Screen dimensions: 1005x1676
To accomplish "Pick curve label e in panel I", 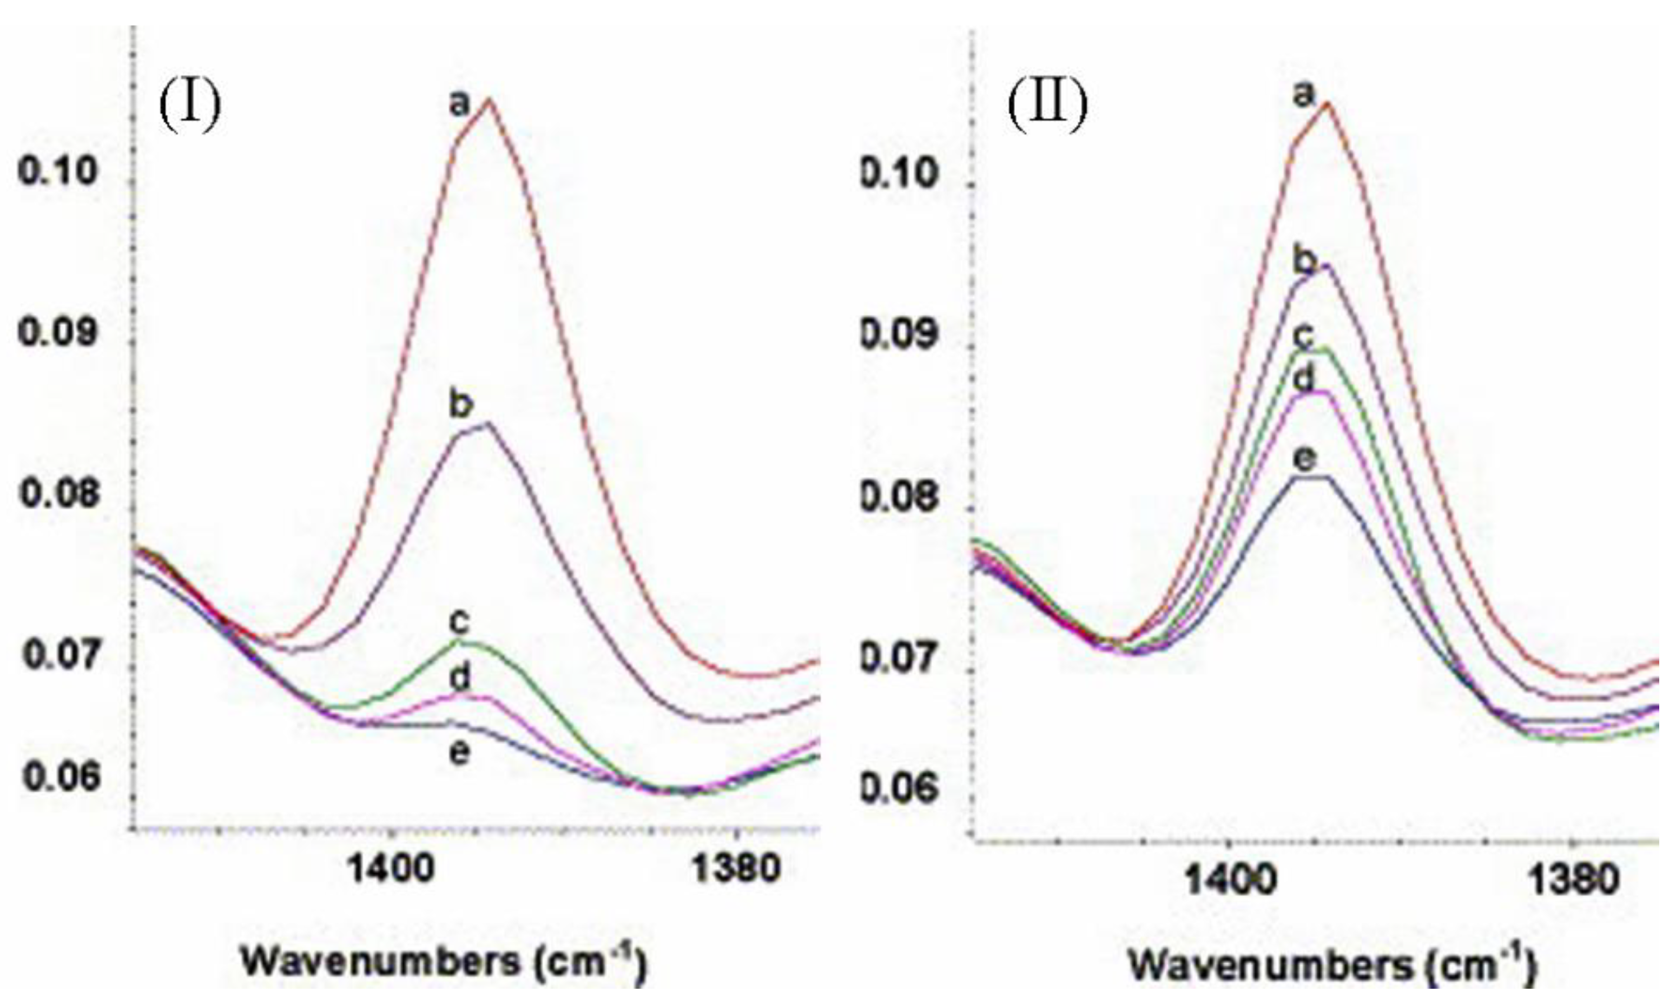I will pos(460,752).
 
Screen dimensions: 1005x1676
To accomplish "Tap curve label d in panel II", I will pos(1303,379).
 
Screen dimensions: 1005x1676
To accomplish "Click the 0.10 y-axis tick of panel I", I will pos(57,172).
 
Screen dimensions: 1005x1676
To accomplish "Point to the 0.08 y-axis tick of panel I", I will pos(58,493).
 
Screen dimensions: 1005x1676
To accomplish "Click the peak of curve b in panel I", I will pos(486,423).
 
